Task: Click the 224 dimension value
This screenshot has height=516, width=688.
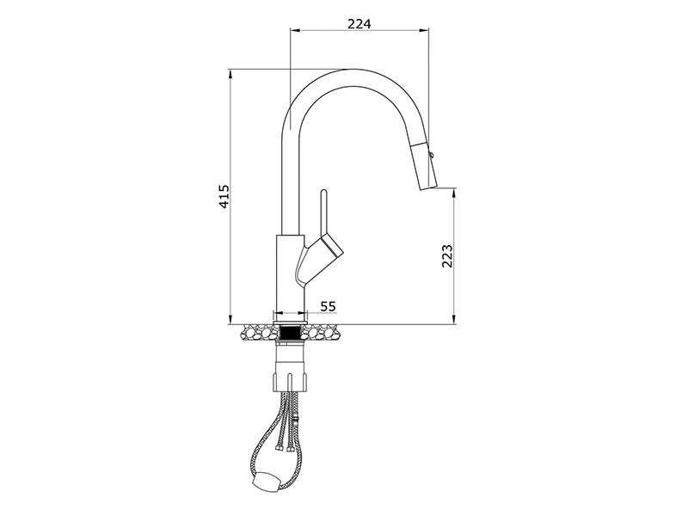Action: click(x=359, y=24)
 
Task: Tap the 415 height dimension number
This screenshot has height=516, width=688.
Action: click(x=224, y=196)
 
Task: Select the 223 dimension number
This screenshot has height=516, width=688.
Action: click(x=446, y=255)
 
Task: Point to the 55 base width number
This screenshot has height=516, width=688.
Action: click(x=328, y=306)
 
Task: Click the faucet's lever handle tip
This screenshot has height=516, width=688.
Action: click(x=324, y=192)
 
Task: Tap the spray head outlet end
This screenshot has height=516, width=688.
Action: click(x=428, y=187)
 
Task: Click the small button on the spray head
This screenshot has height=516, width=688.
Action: click(x=433, y=154)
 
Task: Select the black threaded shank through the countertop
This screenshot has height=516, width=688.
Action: click(x=290, y=333)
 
